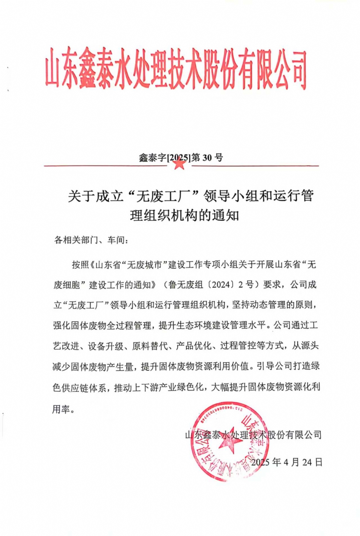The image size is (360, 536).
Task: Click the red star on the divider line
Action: click(x=179, y=164)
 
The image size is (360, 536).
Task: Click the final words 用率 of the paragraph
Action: click(x=61, y=409)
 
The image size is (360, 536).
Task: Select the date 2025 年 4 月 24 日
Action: click(x=287, y=462)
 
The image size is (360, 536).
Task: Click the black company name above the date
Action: click(x=253, y=435)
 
